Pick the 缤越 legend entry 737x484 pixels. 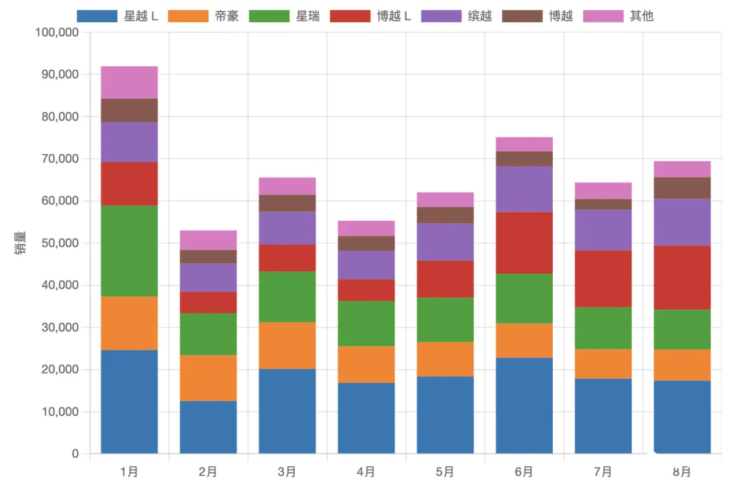pos(457,16)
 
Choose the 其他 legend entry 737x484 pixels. pos(618,16)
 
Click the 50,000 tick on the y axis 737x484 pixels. pos(59,243)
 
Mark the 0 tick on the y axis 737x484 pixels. pos(75,454)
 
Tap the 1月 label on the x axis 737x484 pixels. pos(129,472)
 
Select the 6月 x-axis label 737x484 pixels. pos(524,472)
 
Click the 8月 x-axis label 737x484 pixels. pos(682,472)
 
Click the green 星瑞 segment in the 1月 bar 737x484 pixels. pos(129,251)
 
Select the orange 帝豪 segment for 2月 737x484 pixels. pos(208,378)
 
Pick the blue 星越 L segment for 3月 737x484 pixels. pos(287,411)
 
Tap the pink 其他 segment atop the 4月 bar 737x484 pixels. pos(366,228)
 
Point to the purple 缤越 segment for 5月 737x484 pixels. pos(445,242)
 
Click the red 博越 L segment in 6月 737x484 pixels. pos(524,243)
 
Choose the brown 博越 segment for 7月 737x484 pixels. pos(603,205)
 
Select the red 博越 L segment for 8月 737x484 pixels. pos(682,277)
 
